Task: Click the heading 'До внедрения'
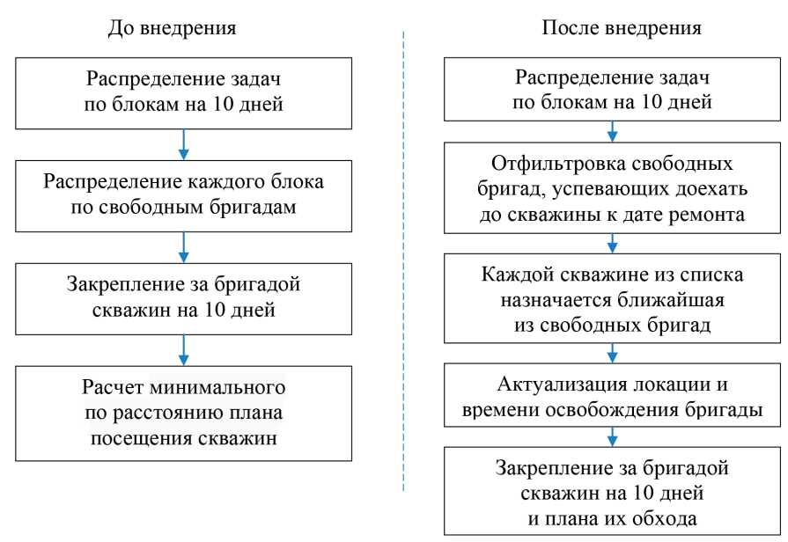click(172, 27)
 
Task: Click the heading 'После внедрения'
click(622, 27)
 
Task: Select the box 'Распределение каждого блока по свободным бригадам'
click(184, 196)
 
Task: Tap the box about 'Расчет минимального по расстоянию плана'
click(184, 413)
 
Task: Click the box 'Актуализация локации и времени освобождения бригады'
click(613, 396)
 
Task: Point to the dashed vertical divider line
click(403, 264)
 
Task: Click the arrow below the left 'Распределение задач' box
click(184, 142)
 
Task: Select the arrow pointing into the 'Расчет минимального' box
click(184, 349)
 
